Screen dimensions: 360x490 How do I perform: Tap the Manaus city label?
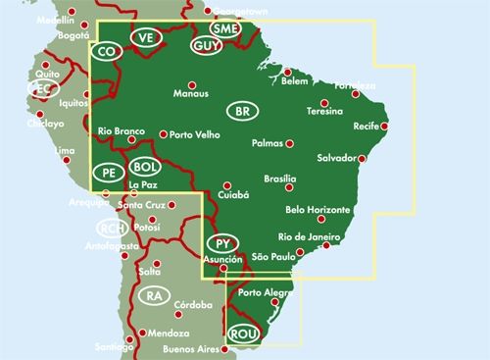pos(190,94)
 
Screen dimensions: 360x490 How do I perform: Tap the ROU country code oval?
pos(242,334)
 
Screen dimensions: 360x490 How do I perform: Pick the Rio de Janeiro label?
pos(309,236)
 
